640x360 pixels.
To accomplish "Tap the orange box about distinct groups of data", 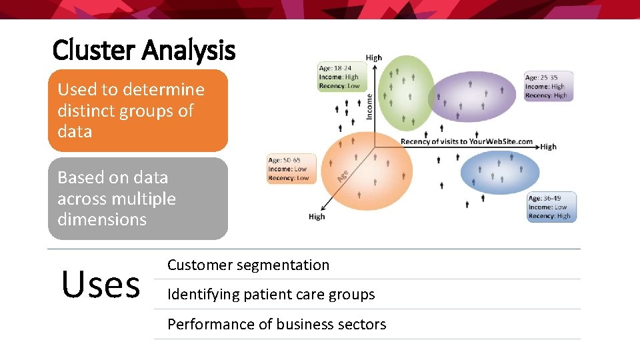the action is [x=137, y=111].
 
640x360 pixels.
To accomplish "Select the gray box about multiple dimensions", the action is [x=137, y=199].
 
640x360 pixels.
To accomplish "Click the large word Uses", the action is [x=101, y=284].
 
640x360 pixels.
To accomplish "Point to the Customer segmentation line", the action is [x=248, y=265].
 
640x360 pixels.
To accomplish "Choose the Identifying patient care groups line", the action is [x=271, y=294].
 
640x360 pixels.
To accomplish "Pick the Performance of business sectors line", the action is [x=277, y=324].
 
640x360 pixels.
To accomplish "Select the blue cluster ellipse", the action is [x=500, y=173].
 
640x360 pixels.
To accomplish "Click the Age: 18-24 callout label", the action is [x=341, y=77].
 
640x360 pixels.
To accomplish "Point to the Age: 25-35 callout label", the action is [x=549, y=86].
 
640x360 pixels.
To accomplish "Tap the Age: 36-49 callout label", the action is [x=551, y=207].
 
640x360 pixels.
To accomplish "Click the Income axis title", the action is [x=369, y=106].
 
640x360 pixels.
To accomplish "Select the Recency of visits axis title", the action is [x=467, y=141].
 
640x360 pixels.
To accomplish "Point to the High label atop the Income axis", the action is [x=373, y=58].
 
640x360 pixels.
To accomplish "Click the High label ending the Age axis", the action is [x=317, y=217].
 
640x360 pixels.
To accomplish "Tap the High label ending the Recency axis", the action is [x=548, y=147].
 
